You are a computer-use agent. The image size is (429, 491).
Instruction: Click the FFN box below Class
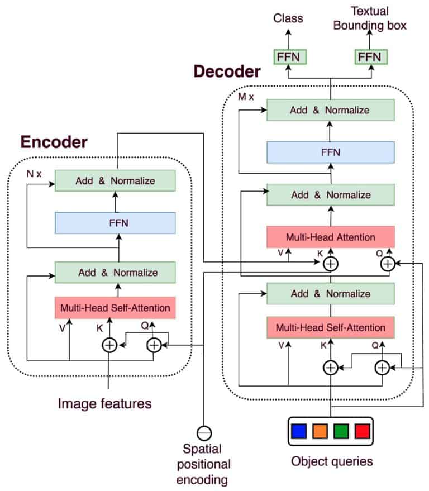[x=288, y=58]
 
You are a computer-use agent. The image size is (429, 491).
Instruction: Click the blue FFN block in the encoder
[x=115, y=223]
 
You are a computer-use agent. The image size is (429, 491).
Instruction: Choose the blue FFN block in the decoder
[x=330, y=152]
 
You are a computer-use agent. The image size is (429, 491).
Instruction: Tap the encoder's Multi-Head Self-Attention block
[x=115, y=308]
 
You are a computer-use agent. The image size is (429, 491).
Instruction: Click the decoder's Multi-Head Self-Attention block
[x=330, y=327]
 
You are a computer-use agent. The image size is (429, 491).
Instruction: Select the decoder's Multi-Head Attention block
[x=330, y=237]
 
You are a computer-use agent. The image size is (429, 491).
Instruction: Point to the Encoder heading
[x=54, y=142]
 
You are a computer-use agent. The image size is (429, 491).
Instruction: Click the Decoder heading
[x=227, y=71]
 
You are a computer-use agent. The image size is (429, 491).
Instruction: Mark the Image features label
[x=104, y=403]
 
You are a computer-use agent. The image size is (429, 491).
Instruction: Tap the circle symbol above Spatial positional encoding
[x=204, y=432]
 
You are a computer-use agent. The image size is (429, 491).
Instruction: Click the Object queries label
[x=332, y=461]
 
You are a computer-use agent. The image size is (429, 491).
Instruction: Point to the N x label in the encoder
[x=34, y=174]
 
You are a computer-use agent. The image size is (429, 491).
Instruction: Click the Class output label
[x=288, y=18]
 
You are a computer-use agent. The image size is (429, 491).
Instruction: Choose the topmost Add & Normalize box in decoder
[x=330, y=110]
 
